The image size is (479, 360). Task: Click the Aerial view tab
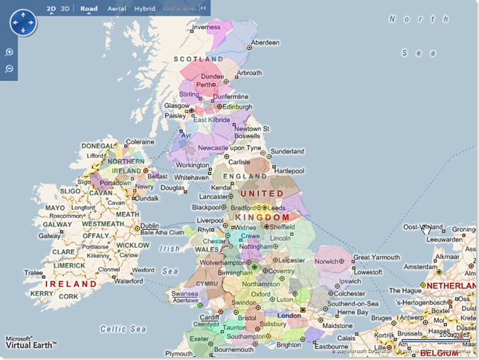click(x=117, y=8)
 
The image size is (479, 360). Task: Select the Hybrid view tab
click(x=145, y=8)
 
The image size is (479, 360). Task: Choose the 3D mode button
click(x=65, y=8)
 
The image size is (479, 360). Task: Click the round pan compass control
click(x=22, y=22)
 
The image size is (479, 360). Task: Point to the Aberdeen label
click(x=266, y=42)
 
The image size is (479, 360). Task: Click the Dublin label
click(x=150, y=225)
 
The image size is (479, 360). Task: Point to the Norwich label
click(x=327, y=261)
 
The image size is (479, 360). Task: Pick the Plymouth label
click(x=179, y=353)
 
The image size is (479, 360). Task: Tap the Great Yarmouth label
click(x=376, y=257)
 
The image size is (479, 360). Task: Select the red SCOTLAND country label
click(x=199, y=58)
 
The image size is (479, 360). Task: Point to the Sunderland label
click(x=287, y=151)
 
